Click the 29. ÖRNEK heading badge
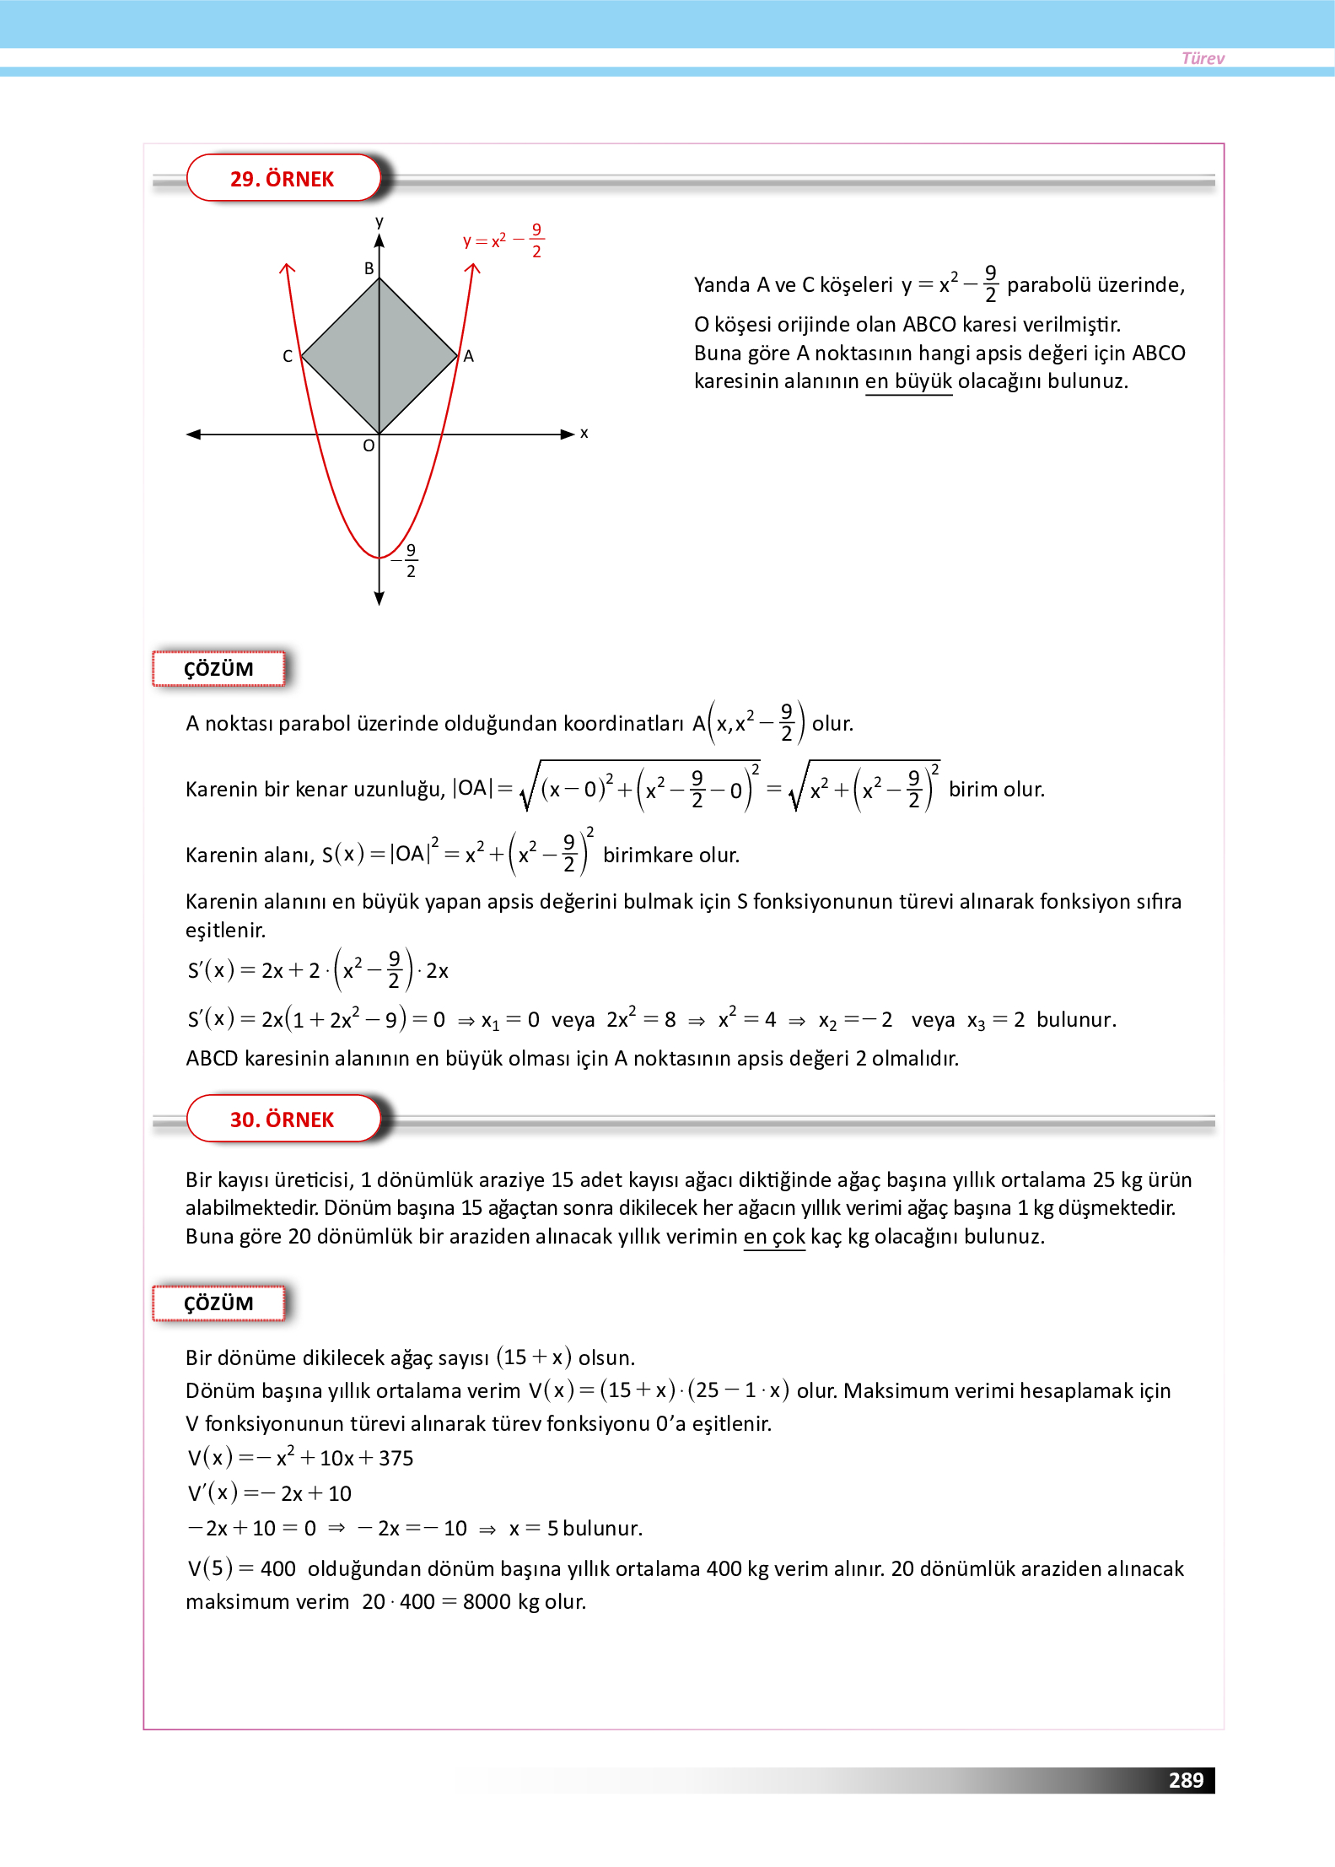(283, 179)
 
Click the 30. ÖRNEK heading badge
(283, 1120)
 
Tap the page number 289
(1185, 1780)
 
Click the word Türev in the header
(1202, 58)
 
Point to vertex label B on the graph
(369, 268)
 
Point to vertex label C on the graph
(288, 356)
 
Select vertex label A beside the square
(469, 356)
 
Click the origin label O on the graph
(369, 445)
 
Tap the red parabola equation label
(503, 240)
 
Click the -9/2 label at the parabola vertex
(406, 560)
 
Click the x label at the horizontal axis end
(584, 434)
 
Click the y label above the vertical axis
(380, 221)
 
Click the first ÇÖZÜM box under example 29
(218, 669)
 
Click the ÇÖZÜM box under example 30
(218, 1303)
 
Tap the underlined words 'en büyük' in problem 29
(908, 381)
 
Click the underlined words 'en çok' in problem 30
(774, 1237)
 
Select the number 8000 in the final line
(487, 1602)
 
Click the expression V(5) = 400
(241, 1569)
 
